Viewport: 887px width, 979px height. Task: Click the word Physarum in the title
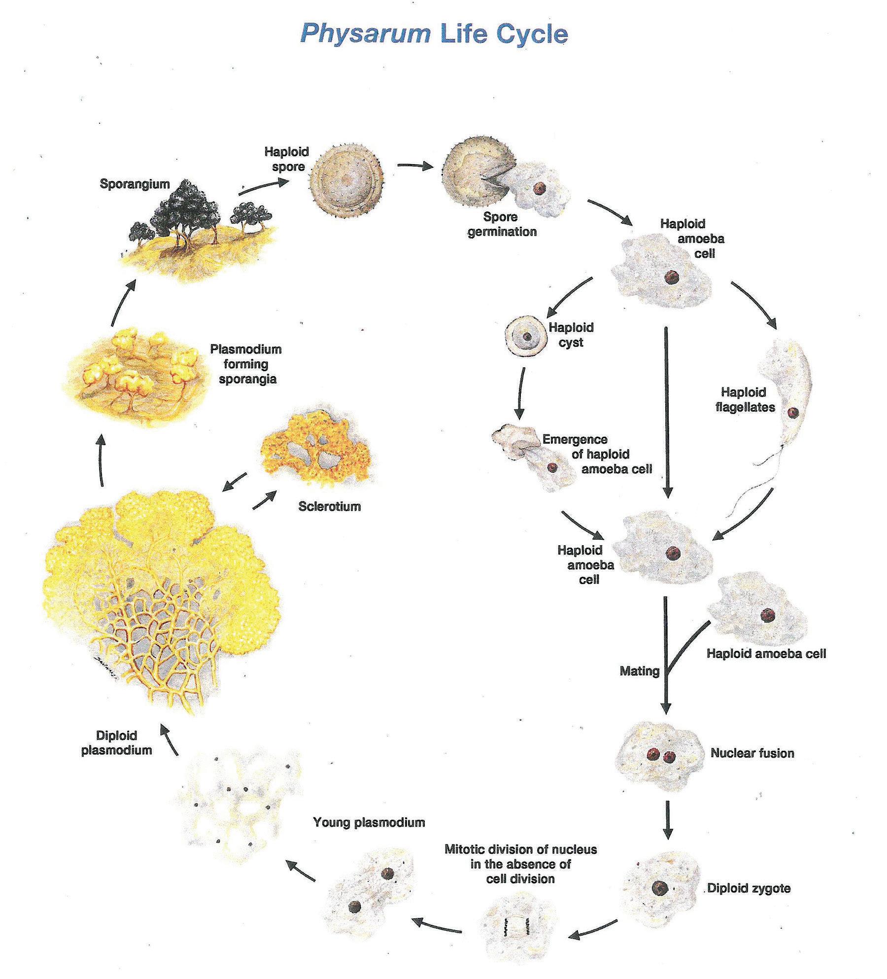365,34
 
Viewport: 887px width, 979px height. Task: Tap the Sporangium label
135,184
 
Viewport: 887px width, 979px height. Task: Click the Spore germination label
502,224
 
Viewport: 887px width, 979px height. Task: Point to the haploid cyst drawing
525,337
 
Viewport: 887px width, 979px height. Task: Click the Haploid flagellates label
745,399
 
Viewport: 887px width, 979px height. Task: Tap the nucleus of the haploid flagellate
792,413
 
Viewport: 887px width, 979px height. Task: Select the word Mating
639,671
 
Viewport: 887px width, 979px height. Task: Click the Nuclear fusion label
752,753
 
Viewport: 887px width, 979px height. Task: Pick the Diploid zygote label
749,888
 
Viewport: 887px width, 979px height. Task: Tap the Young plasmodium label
369,822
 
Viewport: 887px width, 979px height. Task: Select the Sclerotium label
329,506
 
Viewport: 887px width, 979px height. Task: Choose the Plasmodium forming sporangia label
246,364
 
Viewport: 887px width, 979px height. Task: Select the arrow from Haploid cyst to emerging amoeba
519,392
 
